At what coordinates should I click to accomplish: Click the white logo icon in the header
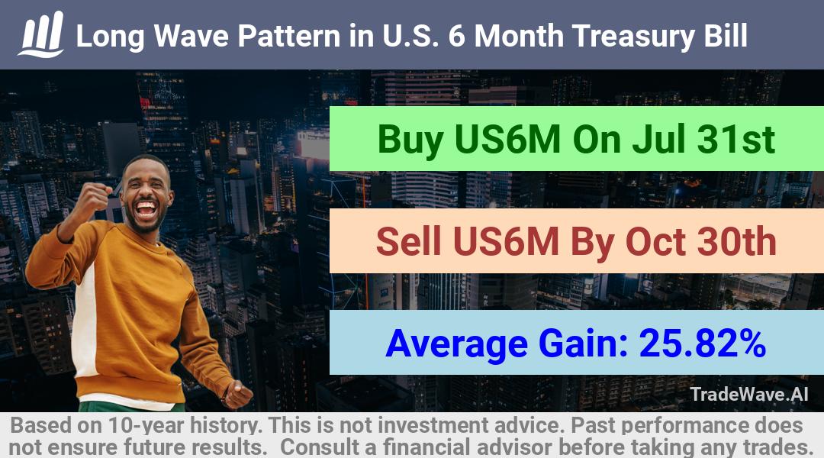point(41,34)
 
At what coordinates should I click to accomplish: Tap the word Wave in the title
point(192,36)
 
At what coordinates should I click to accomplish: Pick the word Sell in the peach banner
point(409,242)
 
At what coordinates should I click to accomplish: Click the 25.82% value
point(702,343)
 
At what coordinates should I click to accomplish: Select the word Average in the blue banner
point(457,345)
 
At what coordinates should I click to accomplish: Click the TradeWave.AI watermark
point(749,395)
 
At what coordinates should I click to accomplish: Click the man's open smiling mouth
point(146,209)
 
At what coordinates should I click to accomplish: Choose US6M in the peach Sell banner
point(506,242)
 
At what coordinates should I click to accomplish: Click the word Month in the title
point(519,36)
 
